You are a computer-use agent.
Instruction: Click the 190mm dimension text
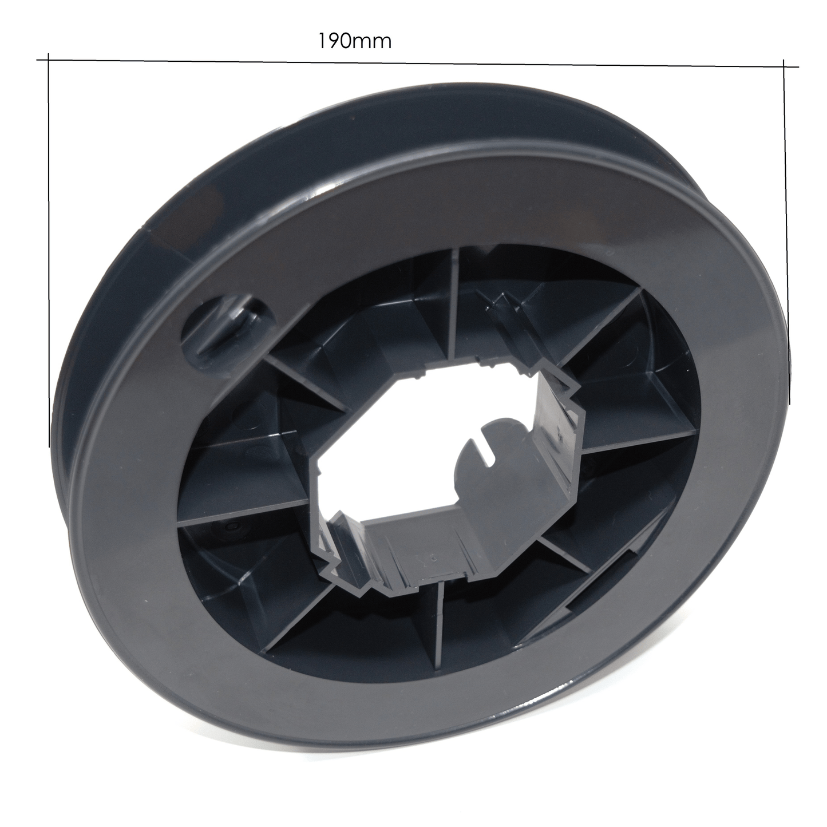(354, 42)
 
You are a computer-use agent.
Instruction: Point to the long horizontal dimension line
(418, 63)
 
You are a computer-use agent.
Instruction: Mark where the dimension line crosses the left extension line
(49, 59)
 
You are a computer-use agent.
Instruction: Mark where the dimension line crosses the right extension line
(784, 66)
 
